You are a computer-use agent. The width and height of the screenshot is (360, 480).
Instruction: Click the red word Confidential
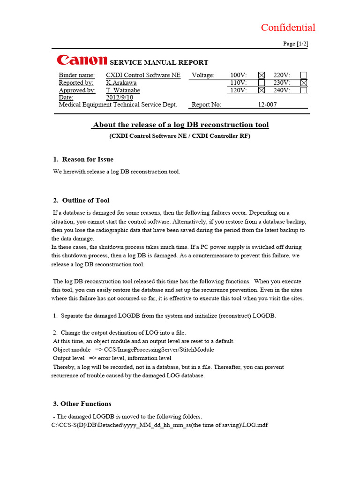coord(288,28)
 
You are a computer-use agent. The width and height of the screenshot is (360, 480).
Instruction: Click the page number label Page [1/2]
coord(295,44)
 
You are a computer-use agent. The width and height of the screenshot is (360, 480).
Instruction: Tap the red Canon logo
coord(82,60)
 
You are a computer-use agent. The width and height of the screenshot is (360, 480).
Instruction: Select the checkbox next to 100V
coord(262,75)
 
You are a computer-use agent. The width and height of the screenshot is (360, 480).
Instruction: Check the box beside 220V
coord(304,75)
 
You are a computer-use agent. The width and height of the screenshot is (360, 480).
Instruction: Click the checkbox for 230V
coord(304,82)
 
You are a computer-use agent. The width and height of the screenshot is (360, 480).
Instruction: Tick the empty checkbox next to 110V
coord(262,82)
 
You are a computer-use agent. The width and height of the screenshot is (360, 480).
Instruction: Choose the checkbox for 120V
coord(262,90)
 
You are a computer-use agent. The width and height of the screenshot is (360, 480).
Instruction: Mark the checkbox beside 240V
coord(304,90)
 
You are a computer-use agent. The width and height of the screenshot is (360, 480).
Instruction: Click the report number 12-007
coord(267,105)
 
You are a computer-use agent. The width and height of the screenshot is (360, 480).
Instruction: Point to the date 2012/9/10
coord(120,97)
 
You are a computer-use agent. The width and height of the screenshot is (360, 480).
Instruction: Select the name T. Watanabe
coord(123,90)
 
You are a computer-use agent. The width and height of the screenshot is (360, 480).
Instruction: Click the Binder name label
coord(76,75)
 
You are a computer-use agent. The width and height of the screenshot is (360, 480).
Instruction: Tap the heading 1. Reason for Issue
coord(83,159)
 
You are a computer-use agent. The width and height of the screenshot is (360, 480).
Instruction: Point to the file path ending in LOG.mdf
coord(159,425)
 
